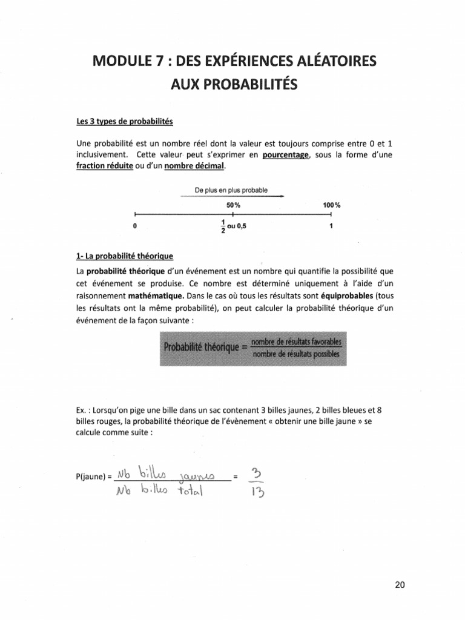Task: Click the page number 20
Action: (x=399, y=585)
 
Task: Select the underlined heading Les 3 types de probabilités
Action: (x=125, y=121)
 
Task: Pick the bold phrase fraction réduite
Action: (x=104, y=167)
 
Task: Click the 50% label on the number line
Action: (x=233, y=205)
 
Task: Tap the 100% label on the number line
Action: (x=332, y=205)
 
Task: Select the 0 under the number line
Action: (x=134, y=226)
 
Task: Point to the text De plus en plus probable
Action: (x=231, y=190)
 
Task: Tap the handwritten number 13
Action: (x=255, y=492)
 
